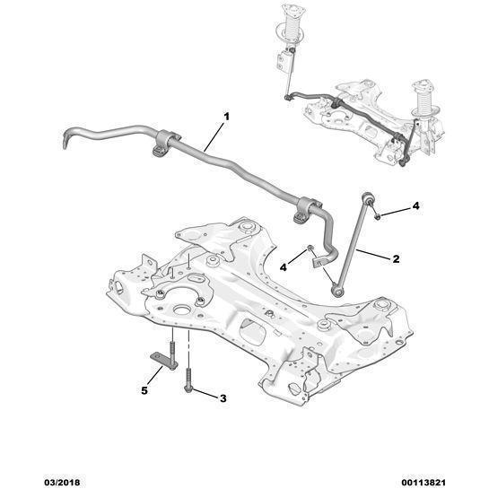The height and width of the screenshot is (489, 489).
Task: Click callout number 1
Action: pyautogui.click(x=227, y=117)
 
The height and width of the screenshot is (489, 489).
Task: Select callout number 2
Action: pyautogui.click(x=396, y=258)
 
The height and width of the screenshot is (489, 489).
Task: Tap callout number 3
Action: pyautogui.click(x=223, y=398)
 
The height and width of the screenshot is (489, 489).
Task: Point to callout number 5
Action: pyautogui.click(x=144, y=390)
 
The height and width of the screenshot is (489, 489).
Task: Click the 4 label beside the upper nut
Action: pyautogui.click(x=415, y=205)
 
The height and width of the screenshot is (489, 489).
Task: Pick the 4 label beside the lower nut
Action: pyautogui.click(x=284, y=267)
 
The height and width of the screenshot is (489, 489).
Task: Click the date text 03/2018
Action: pyautogui.click(x=61, y=483)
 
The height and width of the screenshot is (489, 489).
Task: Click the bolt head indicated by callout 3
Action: pyautogui.click(x=188, y=388)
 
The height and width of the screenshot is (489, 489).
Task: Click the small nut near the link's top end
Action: pyautogui.click(x=377, y=216)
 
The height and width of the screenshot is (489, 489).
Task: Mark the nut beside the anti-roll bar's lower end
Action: pyautogui.click(x=310, y=249)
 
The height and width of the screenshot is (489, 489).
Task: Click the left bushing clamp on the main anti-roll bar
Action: pyautogui.click(x=165, y=143)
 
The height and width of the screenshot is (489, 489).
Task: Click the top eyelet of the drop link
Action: pyautogui.click(x=367, y=197)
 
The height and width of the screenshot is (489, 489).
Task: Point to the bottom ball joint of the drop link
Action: pyautogui.click(x=336, y=291)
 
